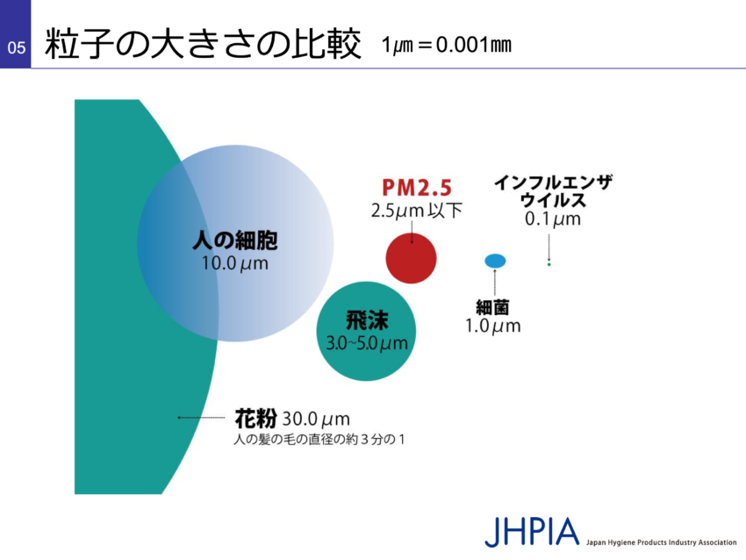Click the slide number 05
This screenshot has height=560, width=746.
coord(16,47)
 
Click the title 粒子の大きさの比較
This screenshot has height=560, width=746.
coord(203,44)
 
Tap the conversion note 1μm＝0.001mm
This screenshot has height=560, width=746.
coord(446,45)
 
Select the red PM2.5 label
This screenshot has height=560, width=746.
coord(417,188)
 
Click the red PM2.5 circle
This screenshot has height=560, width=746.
coord(411,258)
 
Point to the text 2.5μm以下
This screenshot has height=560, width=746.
coord(417,211)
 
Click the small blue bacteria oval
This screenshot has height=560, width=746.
coord(495,261)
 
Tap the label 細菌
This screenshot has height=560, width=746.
coord(493,307)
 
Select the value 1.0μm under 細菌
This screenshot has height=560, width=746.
coord(493,327)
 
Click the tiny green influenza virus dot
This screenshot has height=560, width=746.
coord(549,264)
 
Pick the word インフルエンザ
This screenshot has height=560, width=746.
coord(553,183)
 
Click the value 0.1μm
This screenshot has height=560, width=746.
coord(553,219)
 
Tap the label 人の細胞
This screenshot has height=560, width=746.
coord(235,241)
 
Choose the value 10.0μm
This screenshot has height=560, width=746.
coord(235,263)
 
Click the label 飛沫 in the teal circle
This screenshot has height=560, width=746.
coord(367,319)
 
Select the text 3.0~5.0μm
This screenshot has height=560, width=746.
coord(367,343)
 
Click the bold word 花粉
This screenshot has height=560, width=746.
coord(255,418)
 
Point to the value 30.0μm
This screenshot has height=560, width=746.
coord(316,420)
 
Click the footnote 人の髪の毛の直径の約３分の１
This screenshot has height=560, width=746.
coord(319,439)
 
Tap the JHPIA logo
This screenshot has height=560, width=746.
coord(532,532)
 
